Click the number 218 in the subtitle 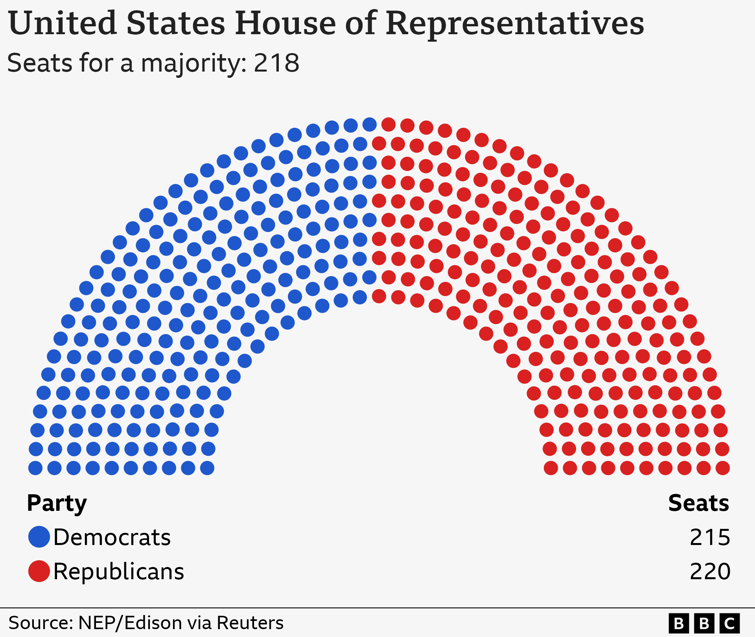[276, 63]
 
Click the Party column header [57, 503]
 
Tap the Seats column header [698, 503]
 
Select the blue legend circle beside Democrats [39, 537]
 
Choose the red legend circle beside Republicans [39, 571]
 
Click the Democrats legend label [112, 537]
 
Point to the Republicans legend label [119, 571]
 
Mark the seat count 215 [710, 537]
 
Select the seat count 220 [710, 571]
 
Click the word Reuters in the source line [250, 623]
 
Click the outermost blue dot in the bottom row [35, 468]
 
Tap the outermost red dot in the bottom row [723, 468]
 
